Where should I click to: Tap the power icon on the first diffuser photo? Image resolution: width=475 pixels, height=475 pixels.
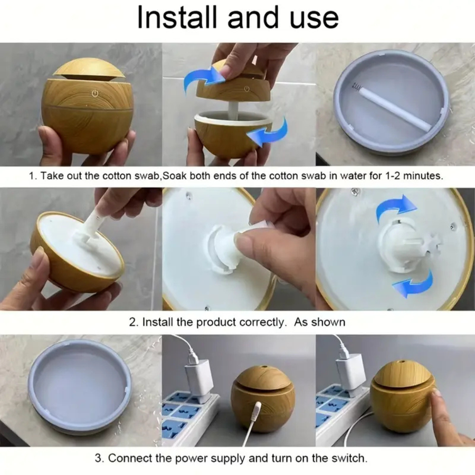(95, 93)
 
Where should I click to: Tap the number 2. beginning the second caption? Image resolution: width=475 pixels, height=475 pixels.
(134, 322)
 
